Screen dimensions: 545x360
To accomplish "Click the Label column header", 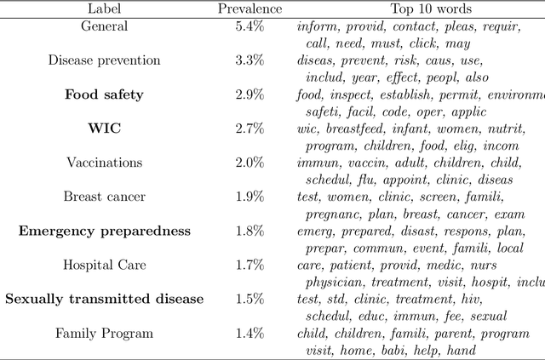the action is [104, 9].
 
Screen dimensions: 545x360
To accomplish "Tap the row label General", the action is [104, 26].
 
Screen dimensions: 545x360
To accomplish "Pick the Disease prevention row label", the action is [104, 60].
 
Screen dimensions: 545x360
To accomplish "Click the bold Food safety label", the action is [104, 94].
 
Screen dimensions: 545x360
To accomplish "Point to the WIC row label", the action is [104, 129].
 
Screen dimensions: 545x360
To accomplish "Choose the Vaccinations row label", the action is [104, 163].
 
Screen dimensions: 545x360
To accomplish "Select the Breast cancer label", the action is [104, 197].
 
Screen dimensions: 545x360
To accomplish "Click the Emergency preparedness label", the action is [104, 231].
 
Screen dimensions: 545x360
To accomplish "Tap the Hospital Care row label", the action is [104, 265].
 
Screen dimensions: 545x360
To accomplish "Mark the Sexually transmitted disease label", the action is [104, 299].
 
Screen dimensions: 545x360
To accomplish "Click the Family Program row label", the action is [104, 333].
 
